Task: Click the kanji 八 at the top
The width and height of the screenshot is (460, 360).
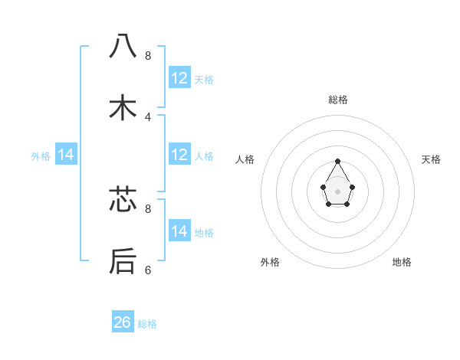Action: (123, 47)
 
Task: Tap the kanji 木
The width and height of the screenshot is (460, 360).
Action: (123, 108)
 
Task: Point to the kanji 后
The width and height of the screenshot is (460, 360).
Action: (123, 261)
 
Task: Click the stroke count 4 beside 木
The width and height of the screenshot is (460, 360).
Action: (148, 117)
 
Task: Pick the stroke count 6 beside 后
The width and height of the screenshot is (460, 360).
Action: (148, 270)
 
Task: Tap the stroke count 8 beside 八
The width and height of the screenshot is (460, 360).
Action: (148, 56)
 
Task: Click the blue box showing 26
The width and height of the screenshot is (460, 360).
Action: (123, 322)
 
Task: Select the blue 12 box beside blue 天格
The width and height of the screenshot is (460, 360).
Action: (179, 78)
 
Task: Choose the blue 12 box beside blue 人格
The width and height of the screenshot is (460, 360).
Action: (179, 155)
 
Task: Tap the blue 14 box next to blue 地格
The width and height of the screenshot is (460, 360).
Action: (179, 231)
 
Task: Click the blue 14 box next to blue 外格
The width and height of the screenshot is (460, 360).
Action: (66, 155)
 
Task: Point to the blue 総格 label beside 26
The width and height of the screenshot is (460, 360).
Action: (147, 324)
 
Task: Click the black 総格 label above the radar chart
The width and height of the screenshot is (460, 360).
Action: (338, 100)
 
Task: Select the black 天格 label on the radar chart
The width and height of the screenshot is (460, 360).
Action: (432, 159)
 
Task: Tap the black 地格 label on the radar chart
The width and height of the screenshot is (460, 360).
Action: (402, 262)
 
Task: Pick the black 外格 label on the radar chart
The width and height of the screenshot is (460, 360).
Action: (270, 262)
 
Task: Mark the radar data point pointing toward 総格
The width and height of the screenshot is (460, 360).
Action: (338, 162)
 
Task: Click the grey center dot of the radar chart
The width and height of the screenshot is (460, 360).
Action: (338, 190)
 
